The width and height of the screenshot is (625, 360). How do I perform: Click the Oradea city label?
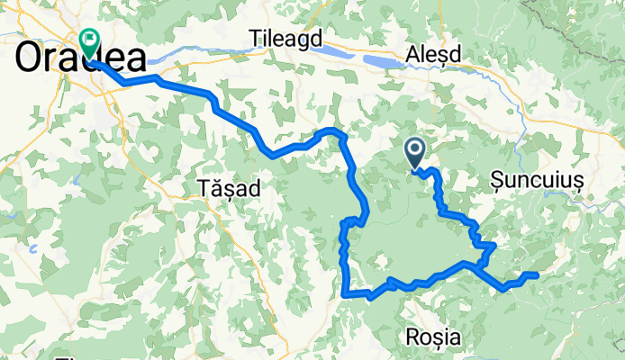[x=81, y=58]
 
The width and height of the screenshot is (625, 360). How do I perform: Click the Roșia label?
[x=434, y=337]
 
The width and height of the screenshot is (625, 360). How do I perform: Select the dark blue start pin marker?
[x=416, y=150]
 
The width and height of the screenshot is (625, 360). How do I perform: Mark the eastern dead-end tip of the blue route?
[x=536, y=274]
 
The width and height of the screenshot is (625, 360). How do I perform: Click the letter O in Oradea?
[x=32, y=58]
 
